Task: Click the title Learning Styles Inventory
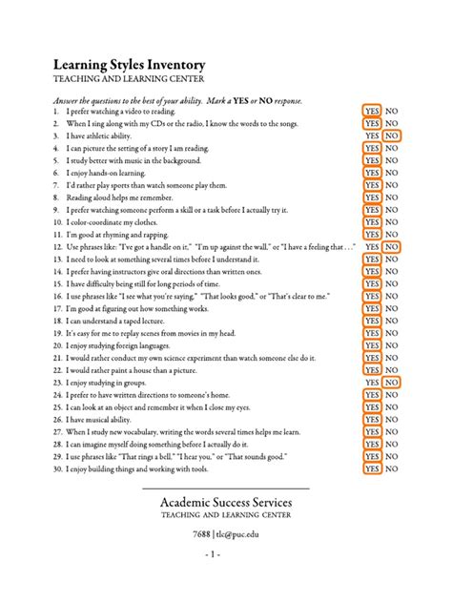[123, 62]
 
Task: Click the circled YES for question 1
[371, 111]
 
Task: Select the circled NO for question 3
[392, 136]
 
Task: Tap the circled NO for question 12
[392, 246]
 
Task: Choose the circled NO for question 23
[392, 382]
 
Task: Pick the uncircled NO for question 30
[392, 468]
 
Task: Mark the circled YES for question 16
[371, 296]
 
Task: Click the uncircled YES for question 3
[371, 136]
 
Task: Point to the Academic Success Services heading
[225, 502]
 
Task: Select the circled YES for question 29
[371, 456]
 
